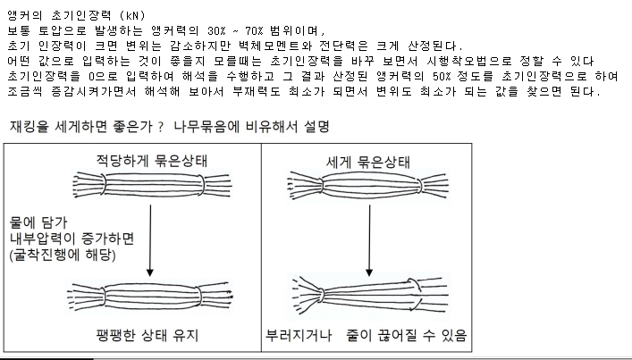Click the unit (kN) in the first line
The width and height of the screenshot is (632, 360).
click(x=132, y=16)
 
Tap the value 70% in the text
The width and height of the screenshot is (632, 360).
click(x=254, y=30)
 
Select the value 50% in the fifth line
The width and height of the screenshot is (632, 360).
click(x=442, y=76)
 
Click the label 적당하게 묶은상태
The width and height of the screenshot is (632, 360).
click(x=152, y=161)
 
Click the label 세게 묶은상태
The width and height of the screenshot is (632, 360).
click(x=367, y=163)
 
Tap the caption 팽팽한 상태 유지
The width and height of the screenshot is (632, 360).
click(x=147, y=335)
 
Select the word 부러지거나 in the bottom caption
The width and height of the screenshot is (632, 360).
click(x=299, y=335)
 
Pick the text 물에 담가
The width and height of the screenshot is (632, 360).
click(x=38, y=222)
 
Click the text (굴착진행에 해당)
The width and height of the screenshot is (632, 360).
click(x=63, y=255)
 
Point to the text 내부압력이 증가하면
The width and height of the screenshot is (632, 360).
click(x=72, y=239)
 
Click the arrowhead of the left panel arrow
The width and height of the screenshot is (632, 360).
click(x=150, y=272)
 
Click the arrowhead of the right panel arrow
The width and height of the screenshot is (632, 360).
click(x=369, y=272)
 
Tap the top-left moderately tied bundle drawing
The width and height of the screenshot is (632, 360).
click(x=152, y=185)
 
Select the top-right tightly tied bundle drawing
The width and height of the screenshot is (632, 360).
click(x=367, y=186)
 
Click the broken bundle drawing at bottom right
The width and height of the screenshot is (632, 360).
click(x=370, y=297)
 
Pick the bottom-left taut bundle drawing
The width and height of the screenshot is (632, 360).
click(x=150, y=297)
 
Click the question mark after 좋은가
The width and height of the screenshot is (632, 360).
click(x=161, y=127)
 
